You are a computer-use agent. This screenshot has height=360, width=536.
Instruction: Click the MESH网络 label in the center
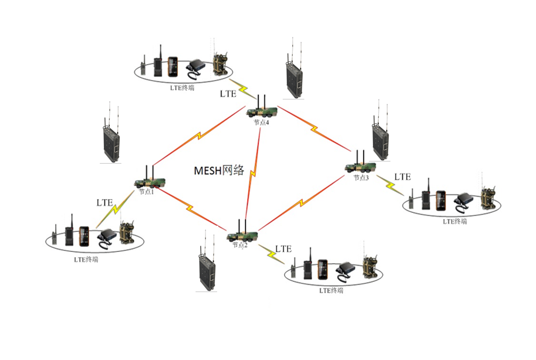tap(219, 171)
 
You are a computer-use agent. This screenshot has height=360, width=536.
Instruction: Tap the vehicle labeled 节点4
tap(262, 111)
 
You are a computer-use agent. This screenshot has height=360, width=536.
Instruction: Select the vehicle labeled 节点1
tap(149, 182)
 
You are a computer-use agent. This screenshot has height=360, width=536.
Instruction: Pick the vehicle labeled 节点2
tap(241, 235)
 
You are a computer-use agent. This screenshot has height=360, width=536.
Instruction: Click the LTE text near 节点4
tap(228, 94)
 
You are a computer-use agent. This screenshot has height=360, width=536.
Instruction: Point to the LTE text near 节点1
tap(104, 203)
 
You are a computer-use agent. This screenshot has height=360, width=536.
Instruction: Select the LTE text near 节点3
tap(402, 177)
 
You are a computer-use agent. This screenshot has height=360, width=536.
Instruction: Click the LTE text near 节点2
tap(284, 249)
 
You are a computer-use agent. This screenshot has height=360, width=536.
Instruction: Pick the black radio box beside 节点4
tap(294, 78)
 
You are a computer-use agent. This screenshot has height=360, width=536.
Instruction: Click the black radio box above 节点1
tap(111, 143)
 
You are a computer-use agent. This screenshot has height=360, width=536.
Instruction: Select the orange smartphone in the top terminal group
tap(172, 67)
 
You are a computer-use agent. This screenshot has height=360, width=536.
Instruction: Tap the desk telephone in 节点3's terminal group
tap(463, 201)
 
